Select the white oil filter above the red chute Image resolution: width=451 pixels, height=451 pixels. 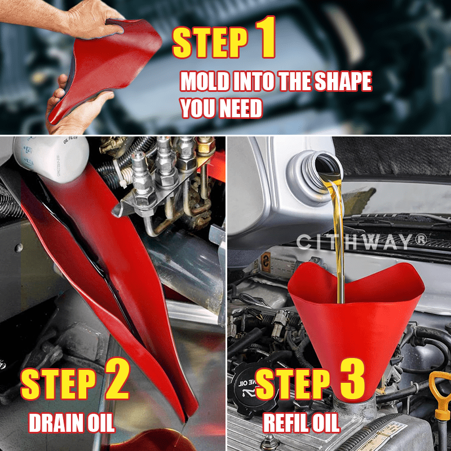pos(51,158)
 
